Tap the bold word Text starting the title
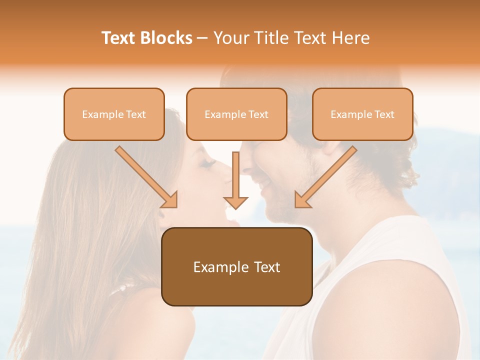118,38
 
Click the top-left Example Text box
114,114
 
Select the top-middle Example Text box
236,114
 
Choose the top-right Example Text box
362,114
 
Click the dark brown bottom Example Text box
237,266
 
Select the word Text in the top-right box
384,114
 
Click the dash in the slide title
202,38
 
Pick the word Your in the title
230,38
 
